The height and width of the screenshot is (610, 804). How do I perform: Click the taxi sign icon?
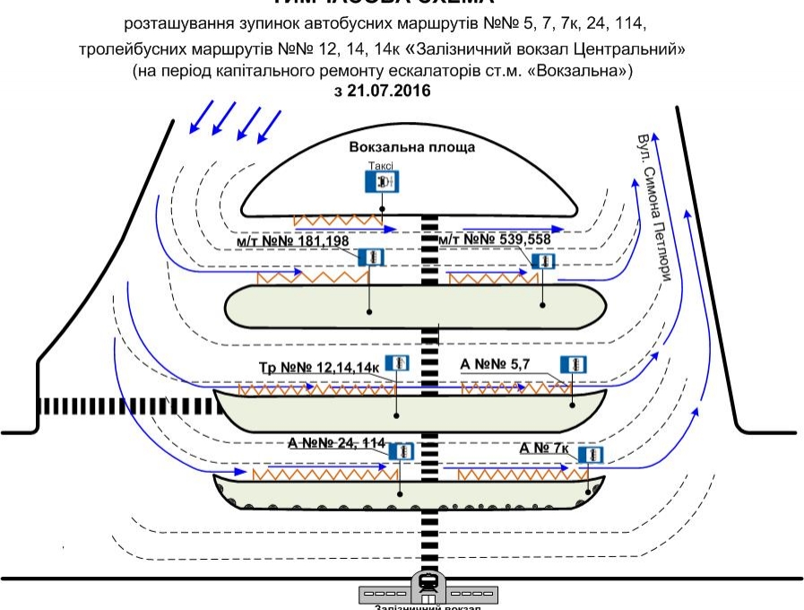click(384, 181)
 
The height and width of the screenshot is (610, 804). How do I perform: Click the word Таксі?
click(383, 165)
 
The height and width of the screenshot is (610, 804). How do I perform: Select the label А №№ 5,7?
click(497, 363)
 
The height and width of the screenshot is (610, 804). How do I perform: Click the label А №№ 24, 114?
click(336, 443)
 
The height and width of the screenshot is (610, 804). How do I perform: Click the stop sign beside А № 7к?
click(589, 454)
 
